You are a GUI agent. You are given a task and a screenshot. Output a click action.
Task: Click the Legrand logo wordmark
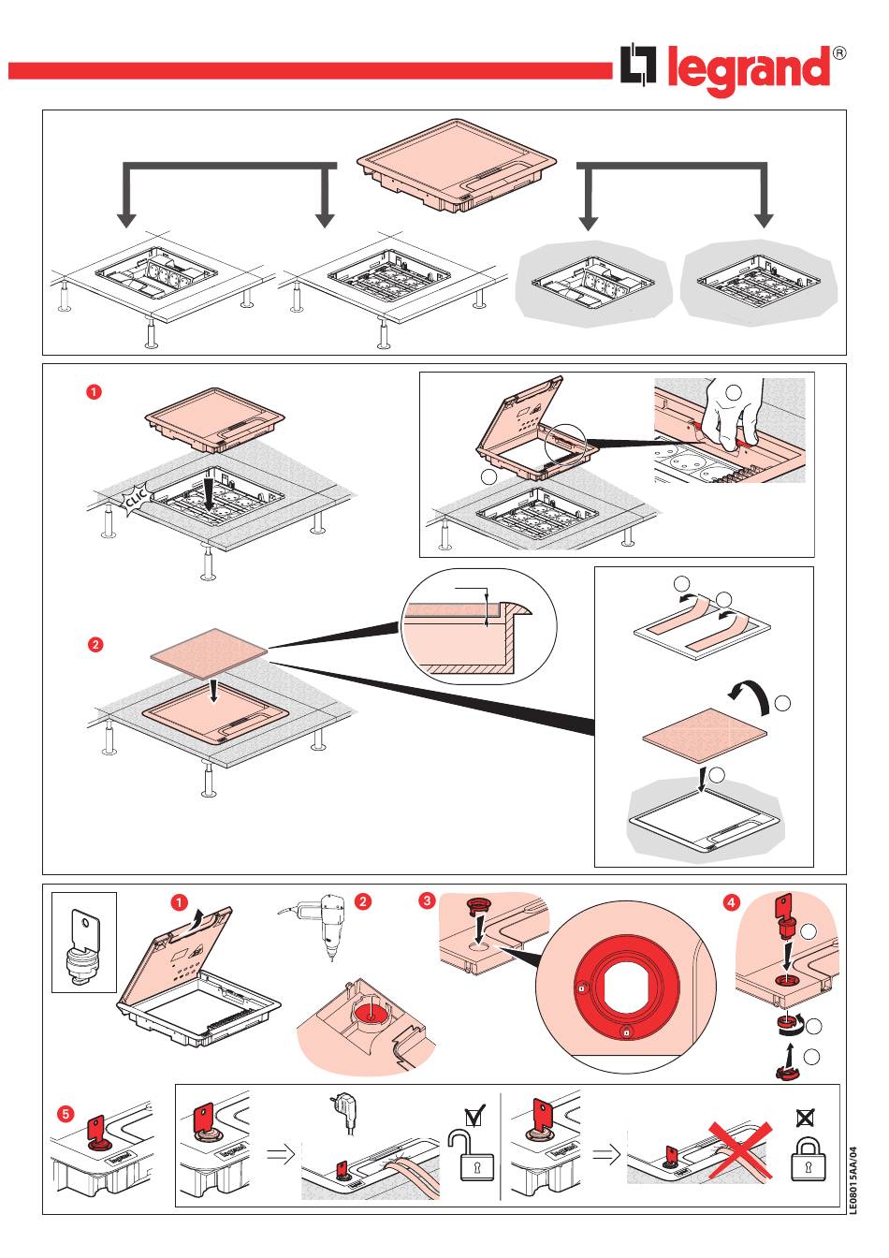pos(749,70)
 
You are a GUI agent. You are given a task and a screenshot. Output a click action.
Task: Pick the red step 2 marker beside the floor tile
pos(95,645)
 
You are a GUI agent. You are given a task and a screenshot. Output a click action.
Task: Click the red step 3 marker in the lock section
pos(427,900)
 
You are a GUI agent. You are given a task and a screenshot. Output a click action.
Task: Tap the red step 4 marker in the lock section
pos(731,902)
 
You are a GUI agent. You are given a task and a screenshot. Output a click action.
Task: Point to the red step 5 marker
pos(65,1114)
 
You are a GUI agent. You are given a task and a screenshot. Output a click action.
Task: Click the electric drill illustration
pos(323,922)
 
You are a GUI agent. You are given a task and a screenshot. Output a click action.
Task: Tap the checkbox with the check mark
pos(475,1116)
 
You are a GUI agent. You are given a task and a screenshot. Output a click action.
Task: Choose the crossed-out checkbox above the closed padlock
pos(805,1117)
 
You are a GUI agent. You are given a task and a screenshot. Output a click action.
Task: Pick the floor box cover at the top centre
pos(456,164)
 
